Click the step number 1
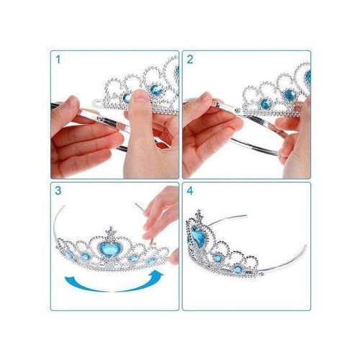tap(58, 60)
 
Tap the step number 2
tap(190, 60)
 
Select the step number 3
tap(58, 191)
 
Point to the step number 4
tap(190, 191)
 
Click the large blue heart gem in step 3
tap(109, 249)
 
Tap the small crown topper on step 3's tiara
tap(111, 233)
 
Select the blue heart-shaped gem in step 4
tap(199, 236)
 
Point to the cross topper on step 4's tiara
tap(199, 215)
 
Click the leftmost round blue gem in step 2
tap(266, 104)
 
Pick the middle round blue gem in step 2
tap(289, 95)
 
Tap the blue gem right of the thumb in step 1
tap(156, 89)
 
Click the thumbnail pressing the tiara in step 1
tap(140, 96)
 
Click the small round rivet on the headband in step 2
tap(238, 110)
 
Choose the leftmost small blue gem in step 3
tap(69, 255)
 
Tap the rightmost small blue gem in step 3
tap(152, 260)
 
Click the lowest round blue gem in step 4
tap(238, 269)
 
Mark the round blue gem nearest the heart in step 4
tap(218, 258)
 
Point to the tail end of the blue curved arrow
tap(67, 279)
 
